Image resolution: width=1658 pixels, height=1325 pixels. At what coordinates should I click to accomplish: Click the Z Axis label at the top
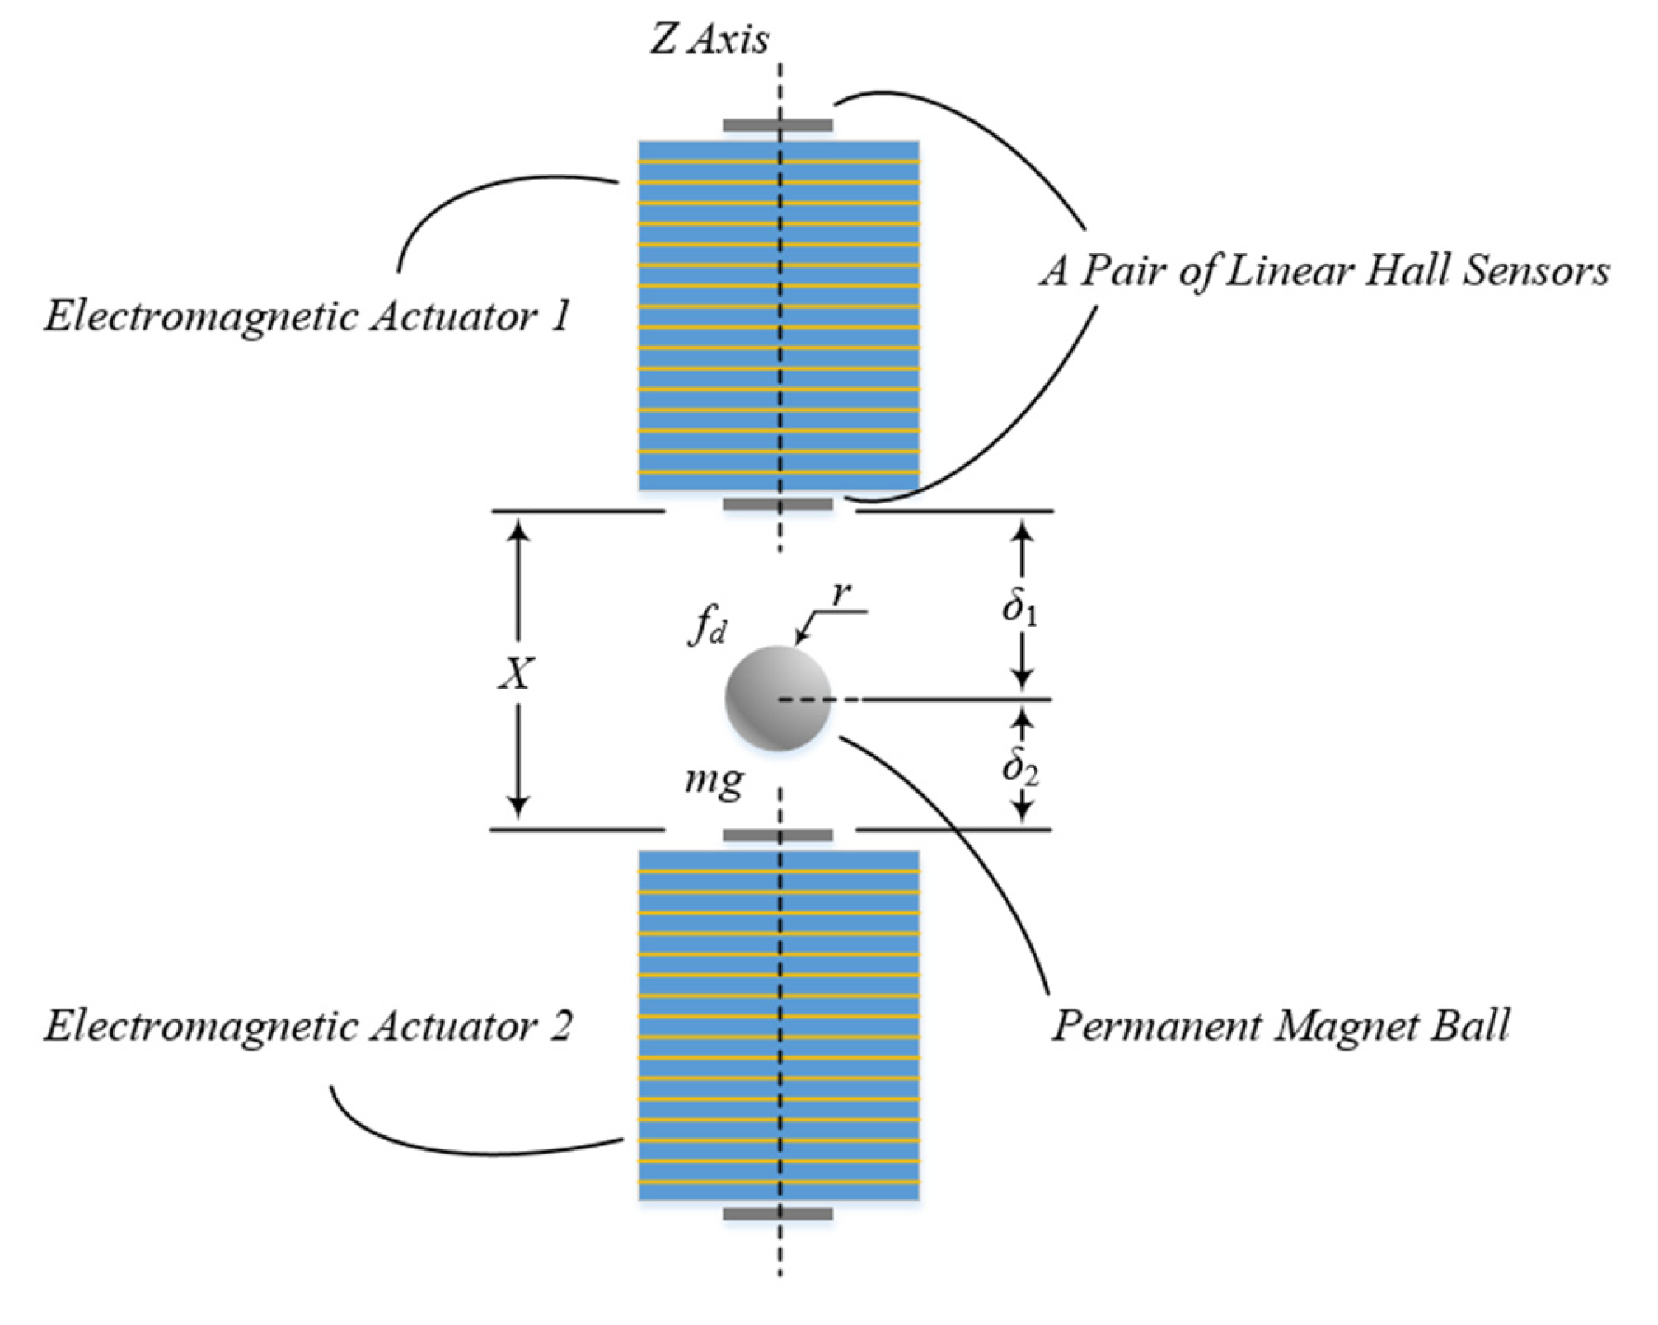click(710, 40)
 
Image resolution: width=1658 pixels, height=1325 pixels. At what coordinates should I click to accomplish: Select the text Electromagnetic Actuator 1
click(307, 316)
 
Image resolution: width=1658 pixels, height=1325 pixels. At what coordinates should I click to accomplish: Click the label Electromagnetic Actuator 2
click(307, 1026)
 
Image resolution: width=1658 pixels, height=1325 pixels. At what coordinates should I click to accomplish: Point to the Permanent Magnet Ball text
click(1280, 1026)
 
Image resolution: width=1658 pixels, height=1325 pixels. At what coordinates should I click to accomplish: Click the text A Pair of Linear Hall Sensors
click(1323, 271)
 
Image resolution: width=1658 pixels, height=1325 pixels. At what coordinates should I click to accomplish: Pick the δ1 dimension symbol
click(1019, 608)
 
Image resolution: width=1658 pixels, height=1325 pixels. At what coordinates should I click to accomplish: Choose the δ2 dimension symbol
click(1020, 767)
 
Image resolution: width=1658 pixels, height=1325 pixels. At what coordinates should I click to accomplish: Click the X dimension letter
click(517, 674)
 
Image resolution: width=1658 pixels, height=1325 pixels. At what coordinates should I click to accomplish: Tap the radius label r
click(841, 592)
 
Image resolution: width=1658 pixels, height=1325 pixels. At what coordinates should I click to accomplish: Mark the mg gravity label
click(714, 779)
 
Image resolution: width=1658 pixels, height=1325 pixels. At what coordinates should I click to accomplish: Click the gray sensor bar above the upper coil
click(778, 126)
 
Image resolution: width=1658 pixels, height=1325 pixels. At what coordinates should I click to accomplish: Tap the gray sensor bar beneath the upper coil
click(778, 503)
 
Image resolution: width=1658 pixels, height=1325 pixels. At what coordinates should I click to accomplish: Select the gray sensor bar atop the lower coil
click(778, 836)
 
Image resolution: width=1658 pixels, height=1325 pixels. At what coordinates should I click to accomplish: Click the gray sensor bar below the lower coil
click(778, 1214)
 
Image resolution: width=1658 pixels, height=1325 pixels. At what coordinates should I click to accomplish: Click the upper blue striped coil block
click(779, 316)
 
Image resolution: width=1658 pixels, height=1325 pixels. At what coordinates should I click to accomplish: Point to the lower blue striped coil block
click(779, 1025)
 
